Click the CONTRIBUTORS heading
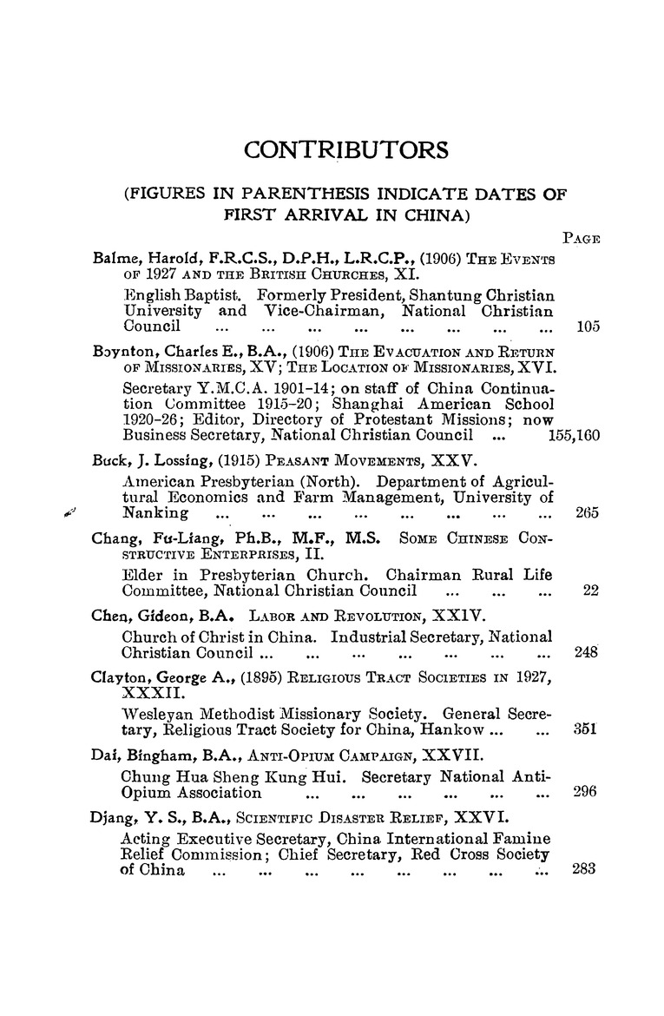point(346,150)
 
